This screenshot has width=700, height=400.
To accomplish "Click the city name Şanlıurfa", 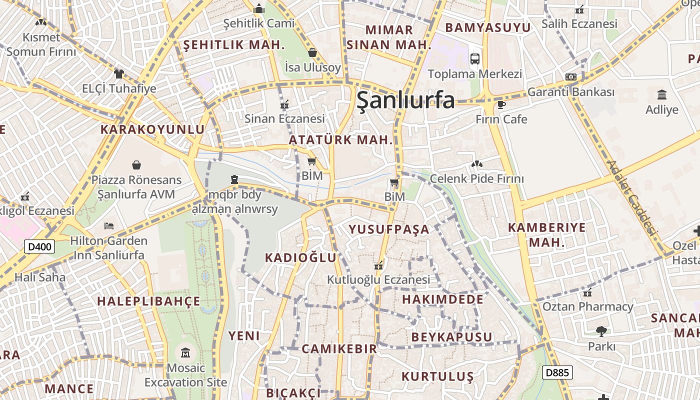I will [x=405, y=100].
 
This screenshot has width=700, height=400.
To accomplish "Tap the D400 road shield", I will [x=39, y=246].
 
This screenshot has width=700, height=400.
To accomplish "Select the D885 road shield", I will [x=557, y=372].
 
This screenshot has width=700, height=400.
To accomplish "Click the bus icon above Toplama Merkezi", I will [x=474, y=58].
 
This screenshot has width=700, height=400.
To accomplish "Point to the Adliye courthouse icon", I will [x=662, y=94].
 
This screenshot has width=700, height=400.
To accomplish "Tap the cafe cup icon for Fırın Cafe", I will [x=501, y=104].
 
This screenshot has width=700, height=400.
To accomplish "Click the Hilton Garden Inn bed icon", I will [x=108, y=226].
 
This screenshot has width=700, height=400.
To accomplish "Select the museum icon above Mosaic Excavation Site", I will [x=185, y=353].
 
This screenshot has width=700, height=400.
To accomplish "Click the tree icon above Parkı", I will [x=601, y=331].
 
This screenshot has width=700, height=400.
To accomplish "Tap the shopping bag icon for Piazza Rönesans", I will [x=136, y=165].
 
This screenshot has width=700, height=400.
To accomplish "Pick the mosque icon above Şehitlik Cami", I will [x=259, y=8].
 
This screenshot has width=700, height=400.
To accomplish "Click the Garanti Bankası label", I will [x=570, y=92].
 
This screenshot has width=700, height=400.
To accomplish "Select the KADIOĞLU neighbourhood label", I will [x=300, y=257].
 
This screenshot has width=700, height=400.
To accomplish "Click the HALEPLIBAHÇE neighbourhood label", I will [x=148, y=301].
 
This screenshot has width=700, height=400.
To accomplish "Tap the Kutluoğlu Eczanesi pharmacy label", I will [x=378, y=279].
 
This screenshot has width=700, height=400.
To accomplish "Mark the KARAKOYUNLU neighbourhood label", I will [x=152, y=129].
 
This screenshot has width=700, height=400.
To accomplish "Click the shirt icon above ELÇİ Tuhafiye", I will [x=118, y=74].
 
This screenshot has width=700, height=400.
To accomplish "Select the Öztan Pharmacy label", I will [x=587, y=306].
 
